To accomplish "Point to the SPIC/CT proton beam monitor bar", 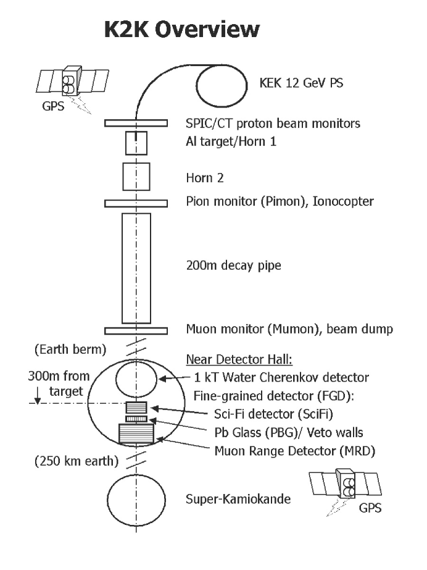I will click(135, 124).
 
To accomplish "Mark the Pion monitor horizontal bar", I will click(135, 203).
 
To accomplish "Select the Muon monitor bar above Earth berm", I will click(135, 330).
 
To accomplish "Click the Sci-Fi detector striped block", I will click(135, 408).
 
